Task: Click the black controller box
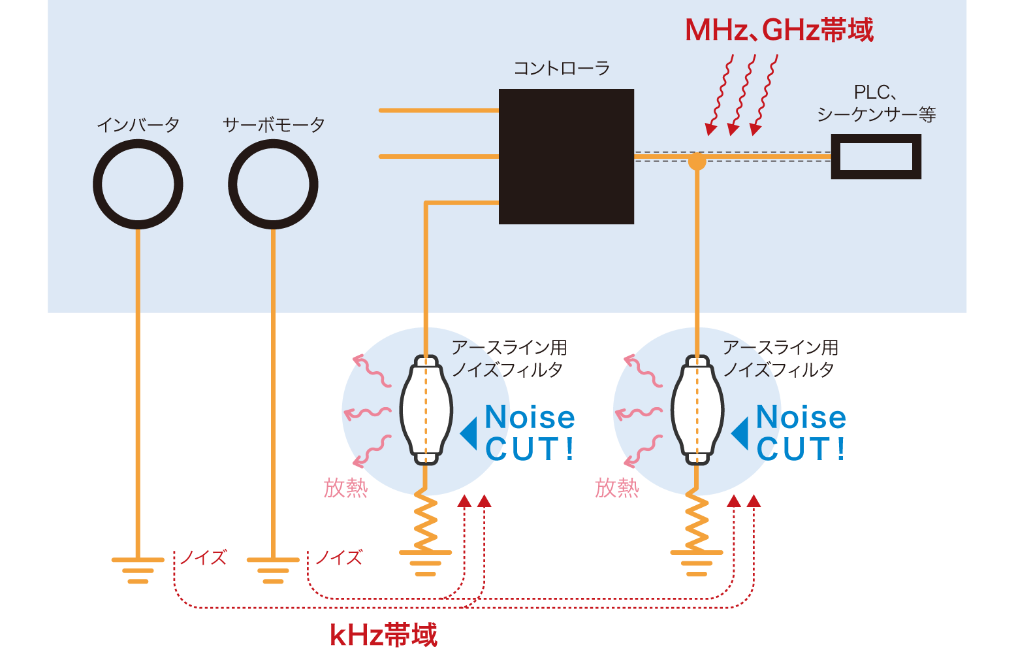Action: tap(566, 157)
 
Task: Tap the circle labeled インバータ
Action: tap(138, 184)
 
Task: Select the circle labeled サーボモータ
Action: tap(273, 184)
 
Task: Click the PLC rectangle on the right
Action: tap(876, 157)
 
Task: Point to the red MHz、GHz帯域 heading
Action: tap(778, 30)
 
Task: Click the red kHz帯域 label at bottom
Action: tap(383, 635)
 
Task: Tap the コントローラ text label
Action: tap(562, 68)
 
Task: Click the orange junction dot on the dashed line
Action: tap(697, 159)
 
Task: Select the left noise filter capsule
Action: tap(426, 410)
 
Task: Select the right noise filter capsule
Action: tap(697, 410)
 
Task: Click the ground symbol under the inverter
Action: tap(138, 569)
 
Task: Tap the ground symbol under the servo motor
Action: tap(273, 569)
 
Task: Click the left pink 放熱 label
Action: tap(345, 488)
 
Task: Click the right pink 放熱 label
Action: tap(616, 488)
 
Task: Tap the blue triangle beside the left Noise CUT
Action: tap(469, 433)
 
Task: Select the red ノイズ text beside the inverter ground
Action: tap(203, 557)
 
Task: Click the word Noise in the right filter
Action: tap(801, 418)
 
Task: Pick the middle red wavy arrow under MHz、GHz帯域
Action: tap(743, 95)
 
